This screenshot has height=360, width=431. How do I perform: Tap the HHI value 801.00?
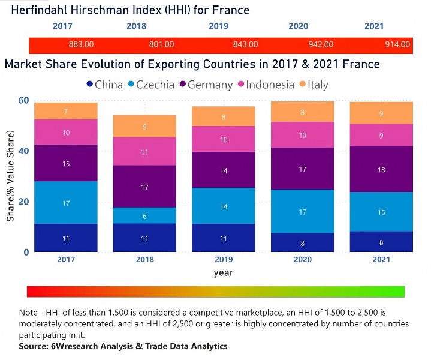(161, 44)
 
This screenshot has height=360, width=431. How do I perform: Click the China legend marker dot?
(90, 85)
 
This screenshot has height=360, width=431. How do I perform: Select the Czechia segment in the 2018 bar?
(144, 216)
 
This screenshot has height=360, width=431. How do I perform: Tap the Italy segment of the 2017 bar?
(66, 111)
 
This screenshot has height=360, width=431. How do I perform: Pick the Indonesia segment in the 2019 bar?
(224, 139)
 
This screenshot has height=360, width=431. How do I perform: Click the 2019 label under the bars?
(224, 260)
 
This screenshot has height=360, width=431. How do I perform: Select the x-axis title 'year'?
(224, 272)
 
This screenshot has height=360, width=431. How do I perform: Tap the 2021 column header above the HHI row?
(374, 26)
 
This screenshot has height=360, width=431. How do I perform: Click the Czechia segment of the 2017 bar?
(66, 203)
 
